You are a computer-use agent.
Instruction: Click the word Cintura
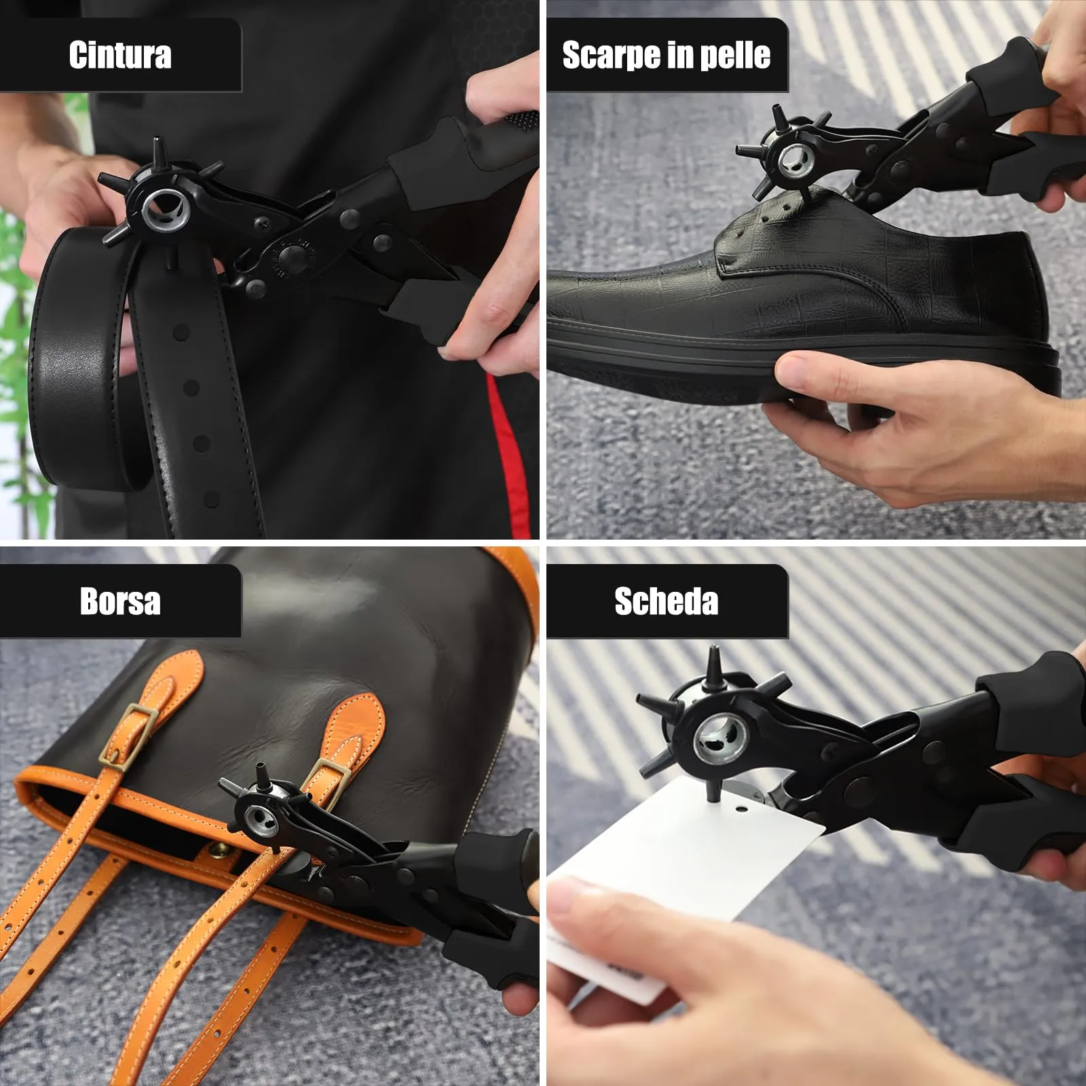[x=120, y=55]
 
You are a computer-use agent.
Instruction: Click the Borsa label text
[x=120, y=601]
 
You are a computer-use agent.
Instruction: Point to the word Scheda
[x=667, y=601]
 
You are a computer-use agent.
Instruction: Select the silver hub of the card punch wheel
[x=719, y=740]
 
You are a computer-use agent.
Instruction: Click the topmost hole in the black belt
[x=181, y=333]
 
